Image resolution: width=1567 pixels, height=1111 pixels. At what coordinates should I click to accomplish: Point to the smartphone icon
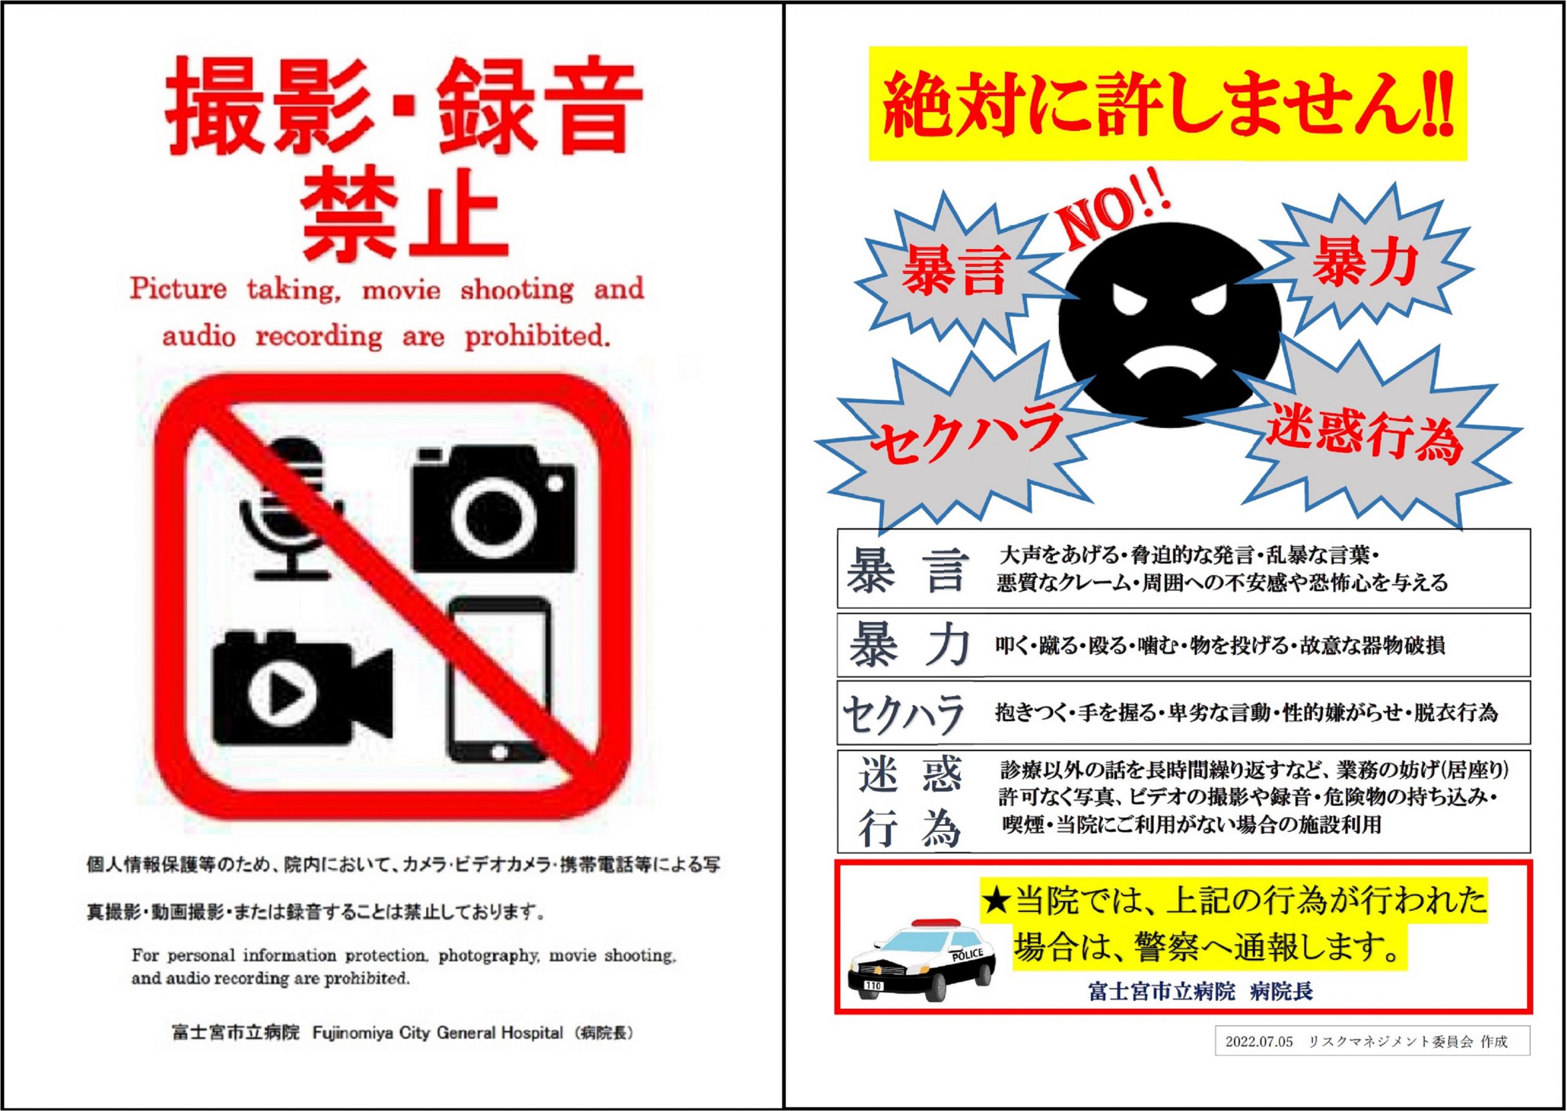click(x=499, y=680)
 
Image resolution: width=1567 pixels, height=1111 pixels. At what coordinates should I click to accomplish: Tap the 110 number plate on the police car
click(x=873, y=986)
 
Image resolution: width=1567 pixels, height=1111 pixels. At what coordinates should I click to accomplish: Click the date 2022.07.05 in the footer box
click(x=1259, y=1042)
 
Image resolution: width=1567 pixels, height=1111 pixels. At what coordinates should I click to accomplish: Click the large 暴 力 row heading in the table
click(x=909, y=645)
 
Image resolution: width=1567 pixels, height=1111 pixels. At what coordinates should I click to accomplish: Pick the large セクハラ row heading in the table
click(x=903, y=715)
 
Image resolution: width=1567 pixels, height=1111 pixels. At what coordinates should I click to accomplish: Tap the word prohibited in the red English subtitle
click(x=537, y=337)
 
